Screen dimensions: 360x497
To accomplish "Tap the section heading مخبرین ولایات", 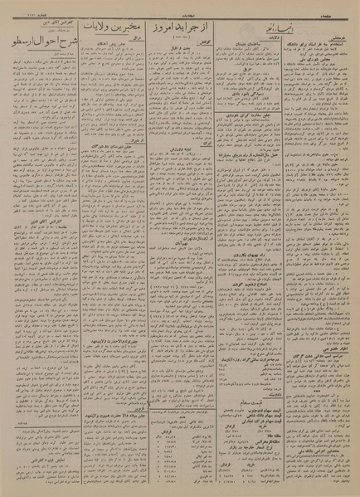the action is [110, 28].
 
